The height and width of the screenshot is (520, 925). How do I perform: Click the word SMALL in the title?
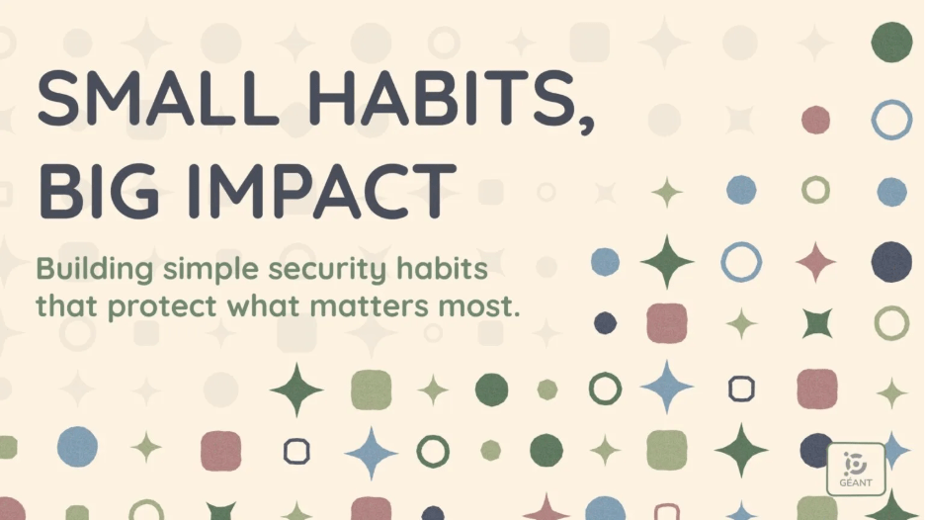157,98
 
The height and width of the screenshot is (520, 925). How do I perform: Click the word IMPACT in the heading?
322,191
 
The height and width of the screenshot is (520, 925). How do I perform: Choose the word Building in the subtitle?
95,270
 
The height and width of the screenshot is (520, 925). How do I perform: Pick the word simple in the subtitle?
210,270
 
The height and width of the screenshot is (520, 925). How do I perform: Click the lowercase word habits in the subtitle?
442,268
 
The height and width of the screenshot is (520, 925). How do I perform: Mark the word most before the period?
475,305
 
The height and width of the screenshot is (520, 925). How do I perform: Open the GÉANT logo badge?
856,470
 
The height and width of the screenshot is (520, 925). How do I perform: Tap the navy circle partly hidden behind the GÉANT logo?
814,450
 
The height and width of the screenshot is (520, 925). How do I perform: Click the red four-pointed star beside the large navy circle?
816,261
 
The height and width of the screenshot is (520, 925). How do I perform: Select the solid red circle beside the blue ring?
816,120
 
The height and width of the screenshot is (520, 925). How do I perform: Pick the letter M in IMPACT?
233,191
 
